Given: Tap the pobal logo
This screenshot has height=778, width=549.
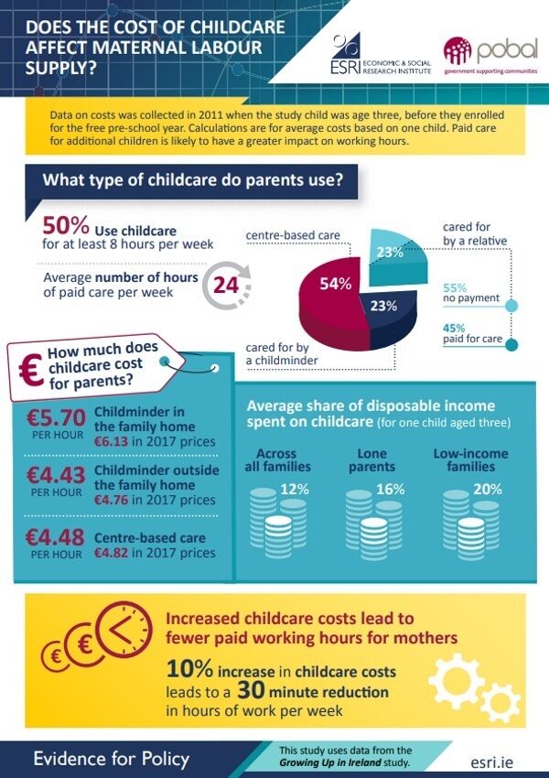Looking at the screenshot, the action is (490, 56).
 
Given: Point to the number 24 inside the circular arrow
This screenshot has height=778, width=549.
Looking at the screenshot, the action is (226, 286).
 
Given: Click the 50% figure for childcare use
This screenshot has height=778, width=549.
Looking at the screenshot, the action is (66, 225).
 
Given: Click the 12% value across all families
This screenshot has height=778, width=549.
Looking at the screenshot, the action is (295, 490).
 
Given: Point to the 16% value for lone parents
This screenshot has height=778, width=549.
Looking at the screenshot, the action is (391, 490).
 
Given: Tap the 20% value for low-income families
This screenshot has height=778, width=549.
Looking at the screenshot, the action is (488, 490).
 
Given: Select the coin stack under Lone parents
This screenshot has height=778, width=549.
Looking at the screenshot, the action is (374, 524).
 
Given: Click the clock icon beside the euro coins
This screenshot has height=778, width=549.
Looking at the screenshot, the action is (124, 629).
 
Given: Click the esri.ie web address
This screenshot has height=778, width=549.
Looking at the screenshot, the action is (492, 762).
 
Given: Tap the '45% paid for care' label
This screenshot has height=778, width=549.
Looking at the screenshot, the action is (472, 333).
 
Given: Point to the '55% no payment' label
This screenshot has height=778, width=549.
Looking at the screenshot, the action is (470, 293).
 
